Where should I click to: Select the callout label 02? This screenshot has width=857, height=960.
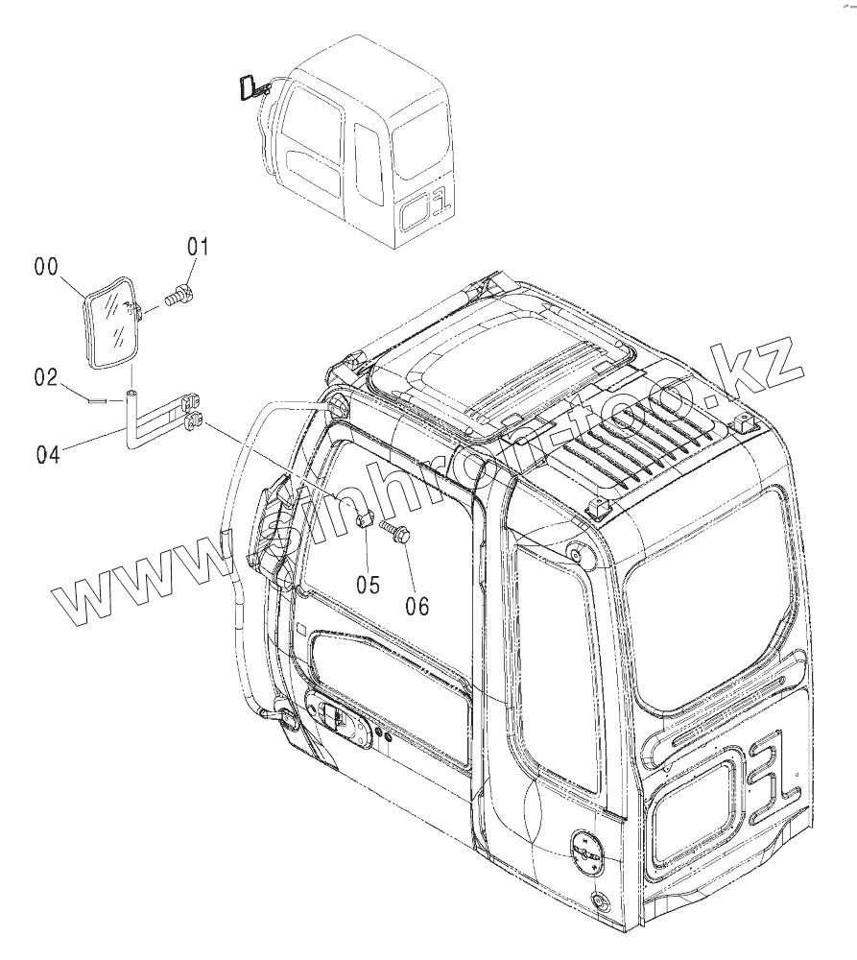click(47, 377)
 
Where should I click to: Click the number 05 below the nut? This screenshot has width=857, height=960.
click(369, 584)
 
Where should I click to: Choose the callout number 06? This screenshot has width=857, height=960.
click(417, 605)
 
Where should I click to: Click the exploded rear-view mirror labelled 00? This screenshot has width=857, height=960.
click(109, 322)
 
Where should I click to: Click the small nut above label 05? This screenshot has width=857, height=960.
click(364, 519)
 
